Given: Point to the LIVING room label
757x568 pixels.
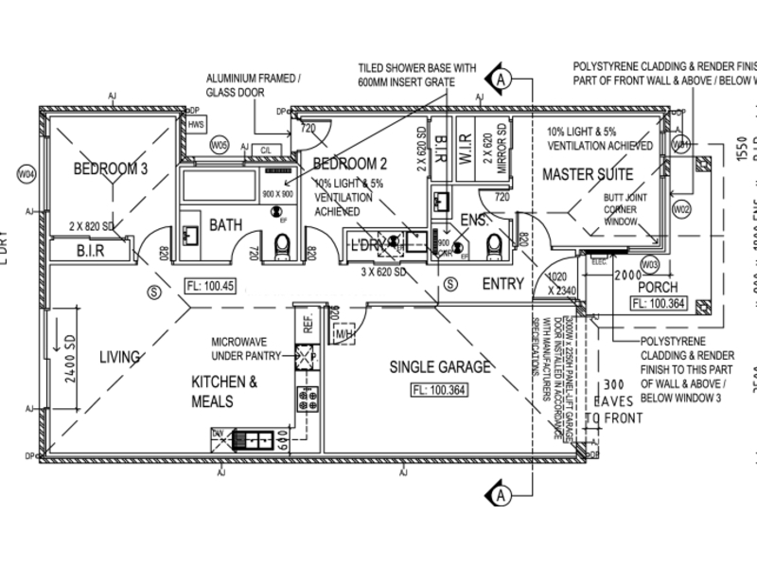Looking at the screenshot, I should [x=120, y=357].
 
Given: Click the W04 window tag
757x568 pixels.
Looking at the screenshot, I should [x=26, y=174].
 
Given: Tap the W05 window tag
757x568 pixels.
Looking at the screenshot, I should [x=220, y=145].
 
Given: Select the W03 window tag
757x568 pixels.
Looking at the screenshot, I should [x=675, y=263].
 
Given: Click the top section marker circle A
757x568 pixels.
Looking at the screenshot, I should [x=501, y=80].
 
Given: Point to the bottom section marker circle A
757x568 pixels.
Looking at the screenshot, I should [x=502, y=492].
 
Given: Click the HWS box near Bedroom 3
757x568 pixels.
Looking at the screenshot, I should [x=196, y=124].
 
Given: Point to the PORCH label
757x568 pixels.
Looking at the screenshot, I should [x=657, y=287].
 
